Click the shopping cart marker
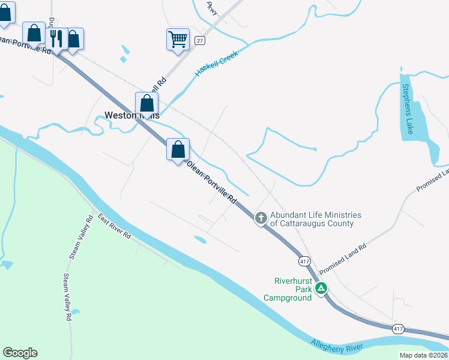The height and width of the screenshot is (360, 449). (178, 39)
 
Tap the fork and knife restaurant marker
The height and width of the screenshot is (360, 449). (56, 39)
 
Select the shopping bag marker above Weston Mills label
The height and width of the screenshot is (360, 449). (146, 103)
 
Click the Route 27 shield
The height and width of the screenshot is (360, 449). (200, 40)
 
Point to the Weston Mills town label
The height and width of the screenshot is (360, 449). (131, 115)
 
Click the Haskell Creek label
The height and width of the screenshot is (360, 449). (217, 64)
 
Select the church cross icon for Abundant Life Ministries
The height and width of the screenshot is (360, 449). (261, 218)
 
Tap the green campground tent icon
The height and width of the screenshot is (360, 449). (322, 289)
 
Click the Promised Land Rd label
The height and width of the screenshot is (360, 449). (339, 260)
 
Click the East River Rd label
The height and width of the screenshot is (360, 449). (115, 227)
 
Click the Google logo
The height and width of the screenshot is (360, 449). (20, 353)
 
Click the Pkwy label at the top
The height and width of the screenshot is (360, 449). (211, 7)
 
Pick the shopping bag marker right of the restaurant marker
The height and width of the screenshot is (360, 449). (73, 39)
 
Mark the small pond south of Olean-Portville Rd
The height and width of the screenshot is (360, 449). (200, 240)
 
